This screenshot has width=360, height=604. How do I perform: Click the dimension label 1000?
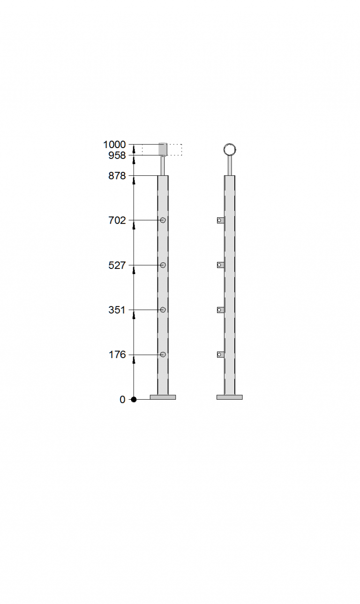click(114, 145)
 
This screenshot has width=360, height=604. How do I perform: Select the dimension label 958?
click(117, 156)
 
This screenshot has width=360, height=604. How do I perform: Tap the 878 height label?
click(117, 176)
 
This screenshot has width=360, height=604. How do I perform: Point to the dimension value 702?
click(117, 221)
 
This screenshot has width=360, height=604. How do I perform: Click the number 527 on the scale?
click(117, 266)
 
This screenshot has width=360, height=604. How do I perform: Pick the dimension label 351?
click(117, 310)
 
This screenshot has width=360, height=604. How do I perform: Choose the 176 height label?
click(117, 355)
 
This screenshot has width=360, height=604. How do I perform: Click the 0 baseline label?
click(122, 400)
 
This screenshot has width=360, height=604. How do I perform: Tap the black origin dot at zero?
click(134, 400)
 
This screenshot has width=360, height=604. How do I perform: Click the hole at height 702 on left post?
click(163, 220)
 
